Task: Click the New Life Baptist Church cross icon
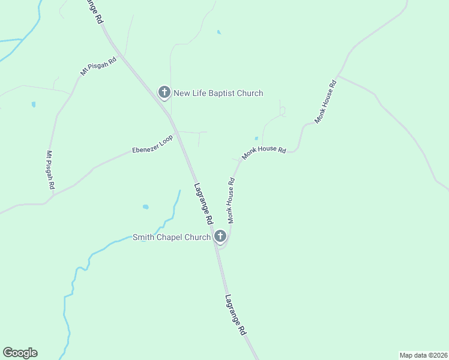click(x=164, y=92)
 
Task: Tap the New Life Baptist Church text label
click(x=218, y=93)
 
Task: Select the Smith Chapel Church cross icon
click(x=220, y=236)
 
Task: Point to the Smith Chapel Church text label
click(x=172, y=237)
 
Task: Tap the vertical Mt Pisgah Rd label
click(x=51, y=170)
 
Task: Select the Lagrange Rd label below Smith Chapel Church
click(x=236, y=314)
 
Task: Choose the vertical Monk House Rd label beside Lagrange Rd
click(x=231, y=200)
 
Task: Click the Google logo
click(x=20, y=353)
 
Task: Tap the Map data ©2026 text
click(x=423, y=355)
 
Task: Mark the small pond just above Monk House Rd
click(x=256, y=139)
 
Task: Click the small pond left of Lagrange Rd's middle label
click(x=145, y=207)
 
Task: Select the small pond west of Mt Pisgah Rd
click(x=34, y=104)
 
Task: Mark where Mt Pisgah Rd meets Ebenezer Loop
click(x=53, y=195)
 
